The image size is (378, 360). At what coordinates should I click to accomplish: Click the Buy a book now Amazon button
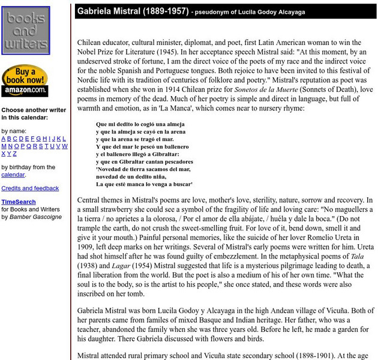coord(25,81)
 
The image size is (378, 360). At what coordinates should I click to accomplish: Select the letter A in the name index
coord(4,139)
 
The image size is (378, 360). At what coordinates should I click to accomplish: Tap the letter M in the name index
coord(4,146)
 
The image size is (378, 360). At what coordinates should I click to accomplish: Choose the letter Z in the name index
coord(16,154)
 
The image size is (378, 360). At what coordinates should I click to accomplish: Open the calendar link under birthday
coord(13,175)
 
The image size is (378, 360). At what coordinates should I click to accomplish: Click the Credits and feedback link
coord(30,188)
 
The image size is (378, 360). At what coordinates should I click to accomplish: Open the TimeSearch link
coord(18,202)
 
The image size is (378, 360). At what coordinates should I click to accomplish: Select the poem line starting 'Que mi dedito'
coord(137,125)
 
